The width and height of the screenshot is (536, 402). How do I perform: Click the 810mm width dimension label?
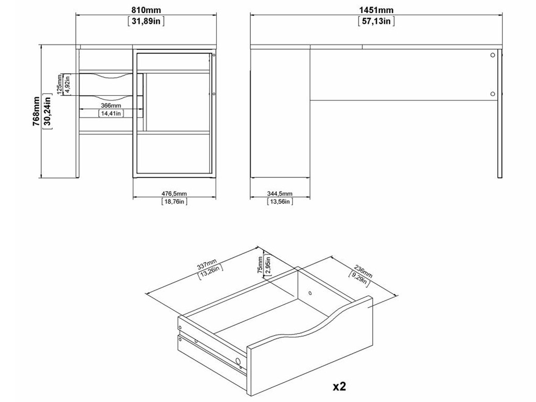pyautogui.click(x=146, y=10)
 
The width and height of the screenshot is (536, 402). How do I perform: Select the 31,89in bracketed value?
pyautogui.click(x=146, y=21)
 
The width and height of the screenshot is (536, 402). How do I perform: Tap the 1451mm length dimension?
pyautogui.click(x=376, y=10)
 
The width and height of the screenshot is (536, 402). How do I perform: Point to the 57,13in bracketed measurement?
pyautogui.click(x=376, y=21)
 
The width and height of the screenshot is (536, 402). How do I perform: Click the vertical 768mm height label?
pyautogui.click(x=36, y=111)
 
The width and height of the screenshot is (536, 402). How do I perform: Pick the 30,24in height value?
pyautogui.click(x=47, y=111)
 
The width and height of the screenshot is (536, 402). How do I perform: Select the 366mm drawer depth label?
pyautogui.click(x=111, y=106)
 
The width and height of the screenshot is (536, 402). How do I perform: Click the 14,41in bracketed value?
pyautogui.click(x=111, y=113)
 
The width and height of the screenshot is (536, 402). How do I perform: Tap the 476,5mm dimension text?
pyautogui.click(x=174, y=194)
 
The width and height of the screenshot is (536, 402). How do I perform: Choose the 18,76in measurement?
pyautogui.click(x=174, y=202)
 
